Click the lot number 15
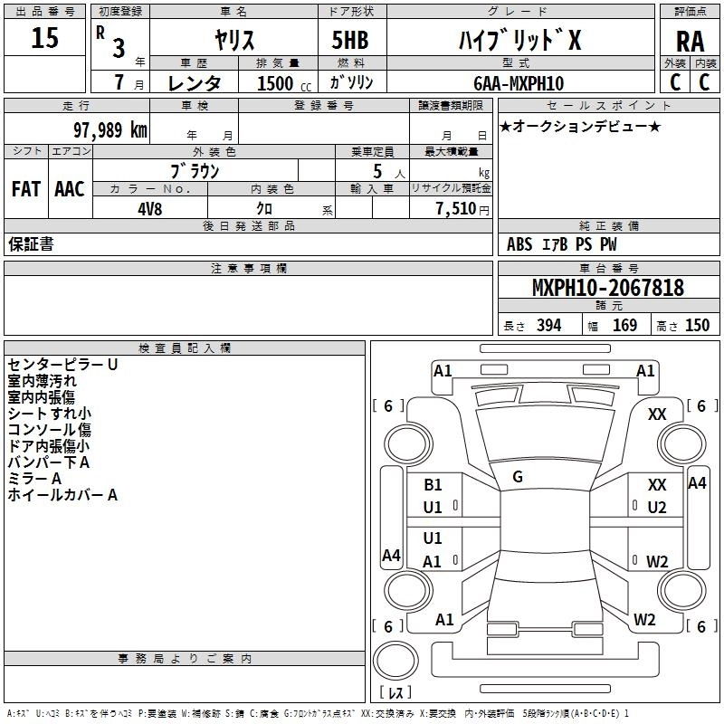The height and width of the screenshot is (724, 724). (x=44, y=37)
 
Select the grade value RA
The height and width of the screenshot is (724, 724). (x=690, y=42)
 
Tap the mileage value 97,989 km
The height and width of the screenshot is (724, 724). (x=110, y=130)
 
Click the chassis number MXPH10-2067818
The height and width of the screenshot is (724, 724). (x=607, y=287)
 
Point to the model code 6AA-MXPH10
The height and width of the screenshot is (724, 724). (x=519, y=83)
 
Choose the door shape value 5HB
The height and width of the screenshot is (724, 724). (x=350, y=40)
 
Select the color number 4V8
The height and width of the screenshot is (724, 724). (x=149, y=209)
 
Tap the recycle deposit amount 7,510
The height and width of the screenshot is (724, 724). (x=456, y=209)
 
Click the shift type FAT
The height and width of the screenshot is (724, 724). (x=26, y=189)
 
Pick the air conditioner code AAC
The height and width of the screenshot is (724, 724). (x=70, y=189)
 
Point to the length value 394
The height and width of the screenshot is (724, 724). (x=548, y=325)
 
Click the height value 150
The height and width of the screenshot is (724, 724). (x=697, y=325)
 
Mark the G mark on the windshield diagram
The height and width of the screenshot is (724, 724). (x=518, y=477)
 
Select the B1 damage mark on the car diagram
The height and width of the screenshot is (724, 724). (x=433, y=484)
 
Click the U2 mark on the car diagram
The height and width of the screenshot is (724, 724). (x=657, y=508)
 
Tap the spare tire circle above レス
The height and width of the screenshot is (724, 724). (x=395, y=660)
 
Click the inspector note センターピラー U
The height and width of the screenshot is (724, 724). (x=62, y=365)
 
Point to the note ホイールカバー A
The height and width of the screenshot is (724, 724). (x=62, y=495)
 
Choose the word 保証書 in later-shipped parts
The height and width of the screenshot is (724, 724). (x=31, y=243)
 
